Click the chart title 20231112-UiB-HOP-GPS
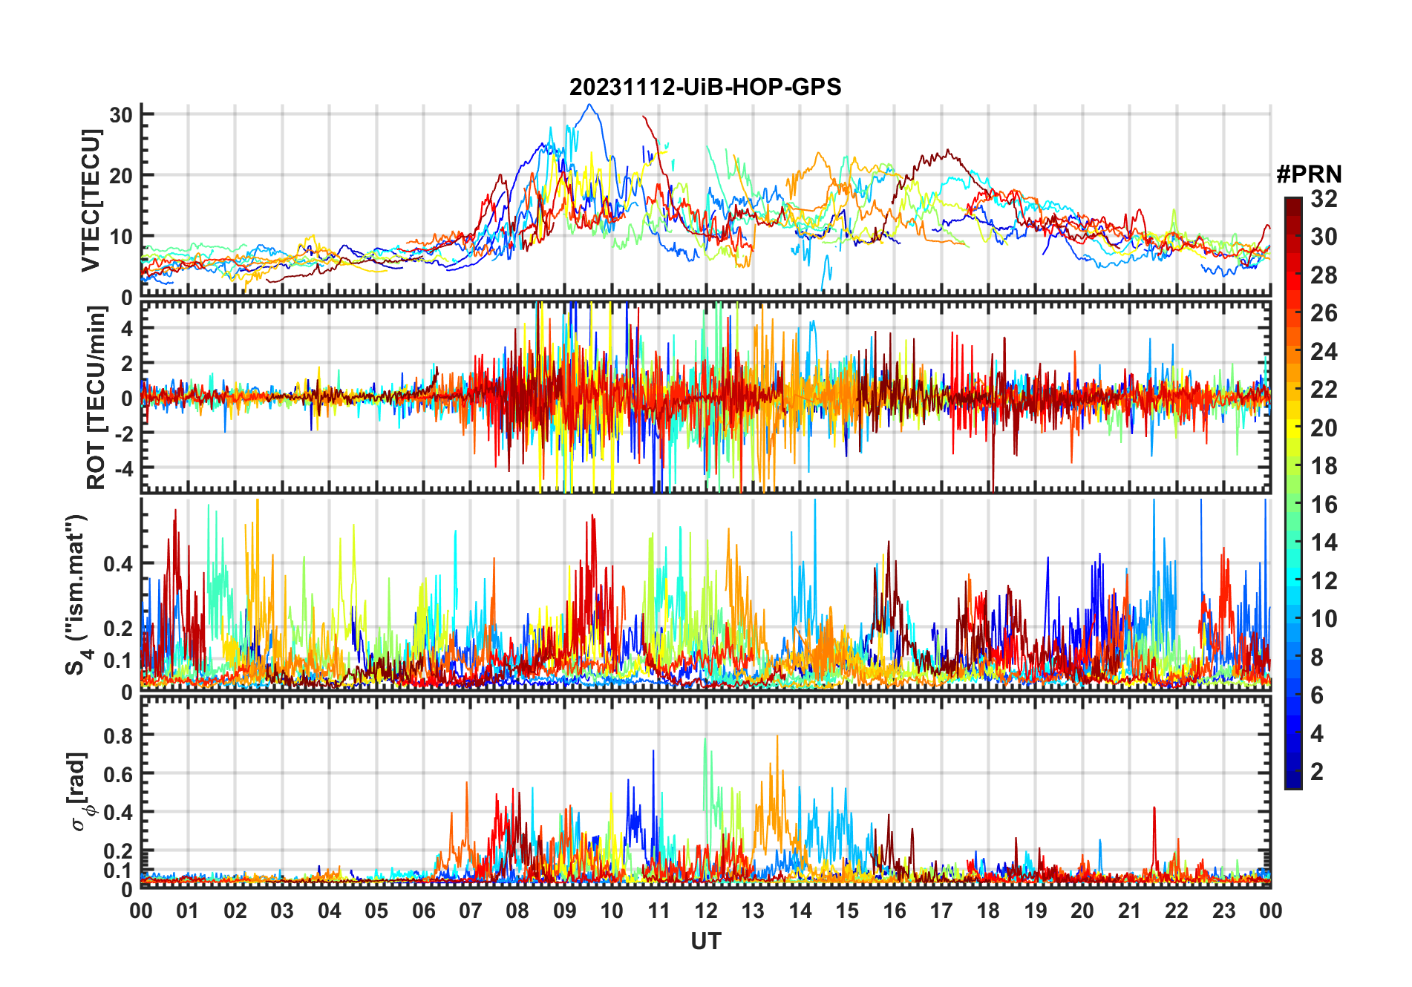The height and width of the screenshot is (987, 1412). tap(705, 88)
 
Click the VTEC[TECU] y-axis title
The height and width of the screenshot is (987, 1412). tap(91, 200)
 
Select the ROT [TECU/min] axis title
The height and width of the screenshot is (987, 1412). tap(97, 397)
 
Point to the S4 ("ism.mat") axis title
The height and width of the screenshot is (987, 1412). tap(76, 594)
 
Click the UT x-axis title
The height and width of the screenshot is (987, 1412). tap(705, 941)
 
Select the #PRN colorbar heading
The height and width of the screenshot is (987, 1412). tap(1309, 174)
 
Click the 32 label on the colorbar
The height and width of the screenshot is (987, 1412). tap(1324, 199)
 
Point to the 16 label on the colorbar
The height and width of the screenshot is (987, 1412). tap(1324, 505)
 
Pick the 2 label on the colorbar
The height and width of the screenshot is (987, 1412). tap(1317, 772)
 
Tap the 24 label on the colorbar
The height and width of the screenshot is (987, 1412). tap(1324, 352)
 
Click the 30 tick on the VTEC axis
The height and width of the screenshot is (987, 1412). tap(121, 115)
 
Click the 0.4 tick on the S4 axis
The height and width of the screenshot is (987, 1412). tap(118, 564)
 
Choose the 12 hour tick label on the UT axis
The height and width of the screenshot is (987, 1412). tap(706, 911)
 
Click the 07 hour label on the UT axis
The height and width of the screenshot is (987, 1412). tap(471, 911)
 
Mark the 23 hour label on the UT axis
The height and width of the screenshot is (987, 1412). tap(1223, 911)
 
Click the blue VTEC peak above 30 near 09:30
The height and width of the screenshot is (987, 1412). tap(589, 105)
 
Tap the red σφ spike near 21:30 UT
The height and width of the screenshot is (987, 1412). tap(1154, 808)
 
